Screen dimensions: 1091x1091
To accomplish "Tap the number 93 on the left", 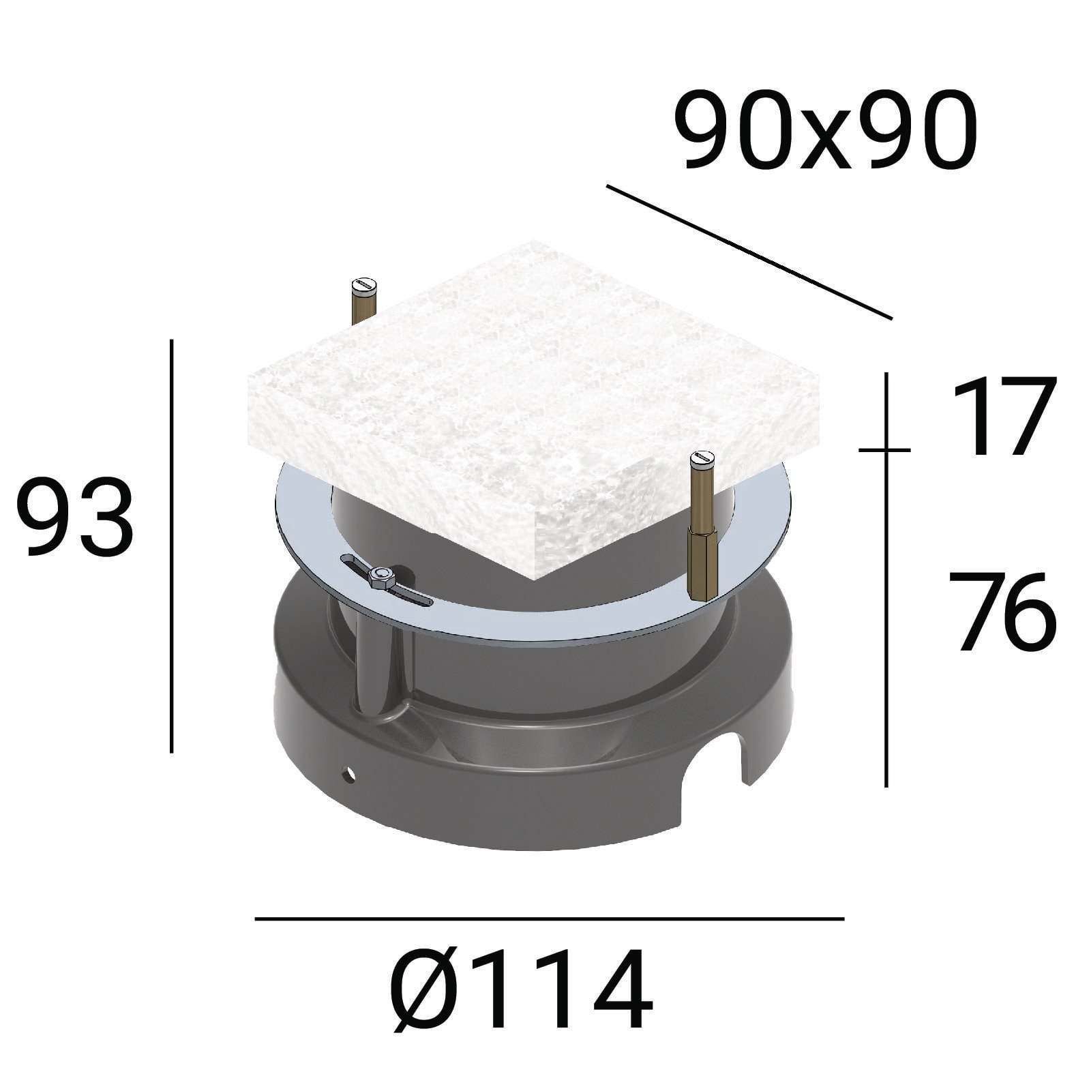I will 75,515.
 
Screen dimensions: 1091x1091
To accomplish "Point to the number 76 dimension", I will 1002,612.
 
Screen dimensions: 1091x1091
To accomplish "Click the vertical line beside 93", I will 171,545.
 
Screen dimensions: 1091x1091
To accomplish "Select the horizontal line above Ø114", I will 550,918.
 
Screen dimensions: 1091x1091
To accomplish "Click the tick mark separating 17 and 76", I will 884,450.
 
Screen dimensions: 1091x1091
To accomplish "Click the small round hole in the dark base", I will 350,773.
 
